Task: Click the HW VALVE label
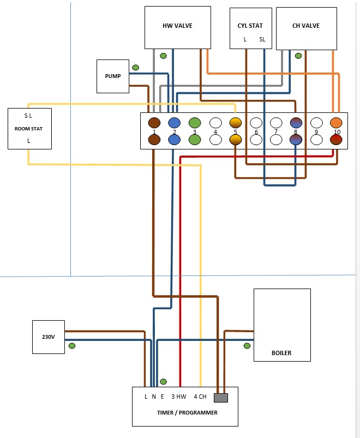pos(177,26)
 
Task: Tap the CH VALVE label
pos(305,26)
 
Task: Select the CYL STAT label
pos(250,26)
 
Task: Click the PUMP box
pos(113,76)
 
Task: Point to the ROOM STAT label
pos(29,129)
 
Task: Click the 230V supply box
pos(49,337)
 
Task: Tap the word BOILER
pos(281,353)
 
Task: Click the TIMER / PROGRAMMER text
pos(184,413)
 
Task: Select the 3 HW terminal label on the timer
pos(179,397)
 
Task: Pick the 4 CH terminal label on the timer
pos(200,397)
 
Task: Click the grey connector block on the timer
pos(221,397)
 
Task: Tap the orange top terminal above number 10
pos(336,123)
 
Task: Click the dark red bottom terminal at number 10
pos(336,140)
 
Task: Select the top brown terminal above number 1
pos(154,123)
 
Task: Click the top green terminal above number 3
pos(195,123)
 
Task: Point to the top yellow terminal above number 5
pos(235,123)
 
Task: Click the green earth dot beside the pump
pos(135,68)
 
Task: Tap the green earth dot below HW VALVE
pos(163,56)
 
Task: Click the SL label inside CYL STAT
pos(262,39)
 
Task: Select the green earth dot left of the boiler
pos(247,346)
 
